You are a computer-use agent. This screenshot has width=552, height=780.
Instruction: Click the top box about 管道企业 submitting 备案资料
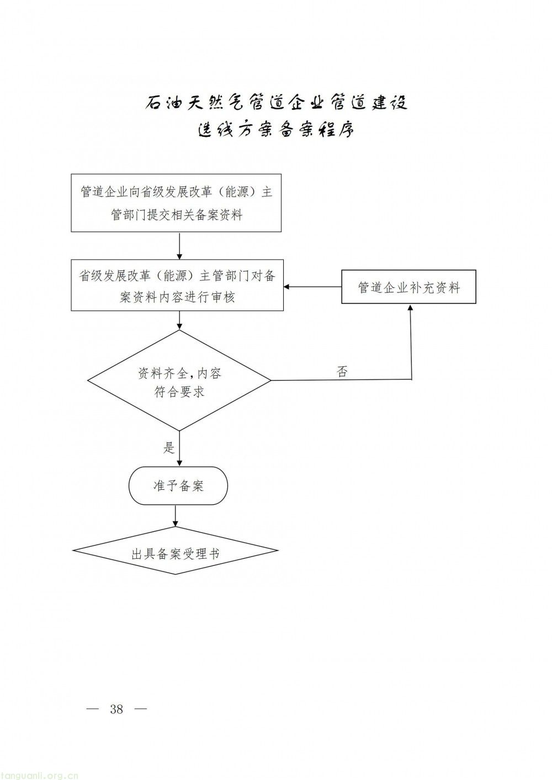[176, 203]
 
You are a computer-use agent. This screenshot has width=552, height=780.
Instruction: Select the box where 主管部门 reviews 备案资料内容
[177, 285]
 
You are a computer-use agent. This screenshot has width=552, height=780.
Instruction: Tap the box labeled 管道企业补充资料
[408, 287]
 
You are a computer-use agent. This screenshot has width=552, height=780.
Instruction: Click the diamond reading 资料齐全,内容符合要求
[179, 381]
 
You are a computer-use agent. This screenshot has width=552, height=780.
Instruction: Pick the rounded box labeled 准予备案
[178, 485]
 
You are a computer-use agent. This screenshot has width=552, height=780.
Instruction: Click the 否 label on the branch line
[342, 372]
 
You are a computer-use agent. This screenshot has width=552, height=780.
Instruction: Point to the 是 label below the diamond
[169, 447]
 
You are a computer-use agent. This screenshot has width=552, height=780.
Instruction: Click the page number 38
[116, 709]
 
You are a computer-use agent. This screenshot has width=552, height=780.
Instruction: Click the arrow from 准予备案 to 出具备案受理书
[176, 515]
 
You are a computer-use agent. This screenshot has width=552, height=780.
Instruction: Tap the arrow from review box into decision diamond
[179, 320]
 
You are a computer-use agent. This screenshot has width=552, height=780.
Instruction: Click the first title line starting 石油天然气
[276, 103]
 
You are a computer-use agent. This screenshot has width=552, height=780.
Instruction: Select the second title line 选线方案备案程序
[276, 130]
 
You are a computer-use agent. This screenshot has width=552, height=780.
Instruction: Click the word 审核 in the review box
[222, 297]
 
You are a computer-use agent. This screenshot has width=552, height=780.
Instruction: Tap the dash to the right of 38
[141, 709]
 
